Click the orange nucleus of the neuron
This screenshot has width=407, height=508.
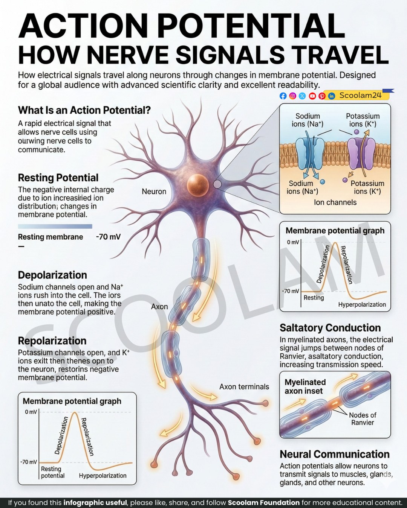198,185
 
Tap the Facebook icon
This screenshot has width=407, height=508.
283,96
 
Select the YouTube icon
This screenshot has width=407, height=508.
312,96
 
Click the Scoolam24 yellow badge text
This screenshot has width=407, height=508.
360,95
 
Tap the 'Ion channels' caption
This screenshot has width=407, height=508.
335,202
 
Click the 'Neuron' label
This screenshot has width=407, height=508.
154,192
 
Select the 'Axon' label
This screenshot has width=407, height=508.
159,307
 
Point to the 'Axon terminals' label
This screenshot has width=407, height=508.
244,387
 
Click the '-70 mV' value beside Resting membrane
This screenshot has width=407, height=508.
108,237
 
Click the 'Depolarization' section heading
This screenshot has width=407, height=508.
52,275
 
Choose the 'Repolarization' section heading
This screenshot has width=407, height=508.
52,341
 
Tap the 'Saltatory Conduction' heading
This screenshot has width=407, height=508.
330,328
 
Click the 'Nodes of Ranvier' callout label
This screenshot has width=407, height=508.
363,418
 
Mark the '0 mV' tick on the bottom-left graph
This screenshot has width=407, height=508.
31,412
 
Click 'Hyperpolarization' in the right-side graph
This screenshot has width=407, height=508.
362,304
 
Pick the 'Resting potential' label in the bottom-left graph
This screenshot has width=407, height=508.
53,472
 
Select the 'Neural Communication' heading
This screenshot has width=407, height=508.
335,454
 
